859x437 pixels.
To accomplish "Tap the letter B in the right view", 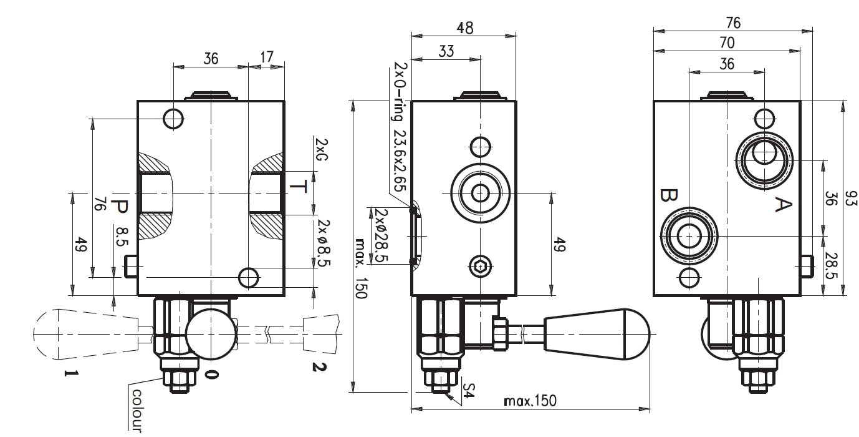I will (667, 196).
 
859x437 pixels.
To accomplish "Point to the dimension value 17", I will (266, 57).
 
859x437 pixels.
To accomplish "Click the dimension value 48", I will (464, 28).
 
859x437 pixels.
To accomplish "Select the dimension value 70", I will (726, 43).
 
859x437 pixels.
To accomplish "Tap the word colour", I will (137, 410).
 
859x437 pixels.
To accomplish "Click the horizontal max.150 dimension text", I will (530, 400).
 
